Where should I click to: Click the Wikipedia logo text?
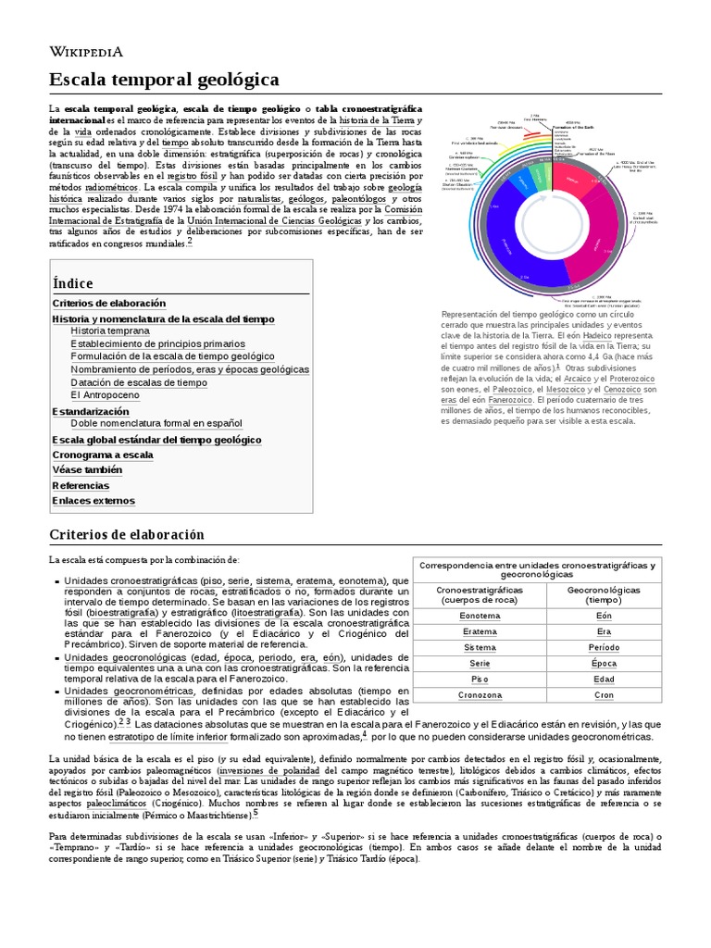pyautogui.click(x=85, y=52)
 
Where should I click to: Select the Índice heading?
pyautogui.click(x=73, y=283)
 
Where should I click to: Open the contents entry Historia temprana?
pyautogui.click(x=109, y=330)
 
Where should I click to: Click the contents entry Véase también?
pyautogui.click(x=87, y=469)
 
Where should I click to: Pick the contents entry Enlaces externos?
pyautogui.click(x=94, y=501)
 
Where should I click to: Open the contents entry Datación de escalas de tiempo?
pyautogui.click(x=139, y=382)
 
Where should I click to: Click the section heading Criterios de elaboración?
pyautogui.click(x=126, y=535)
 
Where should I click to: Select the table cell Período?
pyautogui.click(x=604, y=647)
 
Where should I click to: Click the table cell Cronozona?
pyautogui.click(x=480, y=694)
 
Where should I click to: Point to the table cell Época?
pyautogui.click(x=604, y=663)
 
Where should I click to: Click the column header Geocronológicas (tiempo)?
pyautogui.click(x=604, y=594)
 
